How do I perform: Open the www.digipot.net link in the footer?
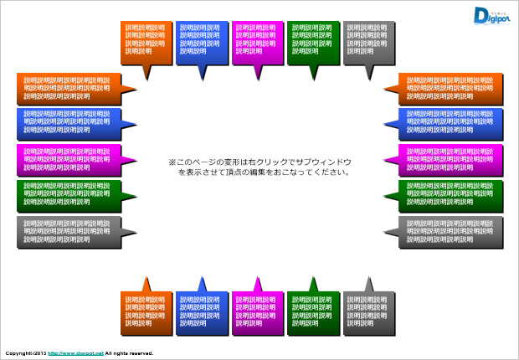pyautogui.click(x=75, y=353)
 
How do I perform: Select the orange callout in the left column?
pyautogui.click(x=66, y=89)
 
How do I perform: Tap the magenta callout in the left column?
pyautogui.click(x=66, y=159)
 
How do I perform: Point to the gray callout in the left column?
pyautogui.click(x=66, y=230)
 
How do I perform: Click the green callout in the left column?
pyautogui.click(x=66, y=194)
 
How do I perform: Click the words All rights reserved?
pyautogui.click(x=129, y=353)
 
